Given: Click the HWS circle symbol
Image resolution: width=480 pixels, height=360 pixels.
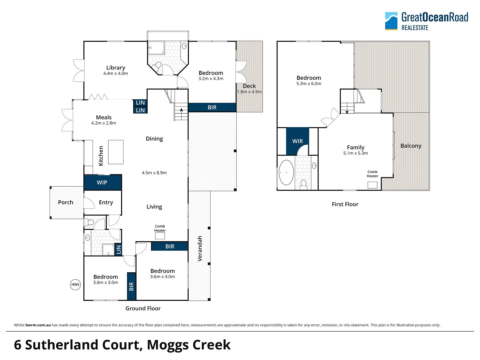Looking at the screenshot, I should click(x=75, y=284).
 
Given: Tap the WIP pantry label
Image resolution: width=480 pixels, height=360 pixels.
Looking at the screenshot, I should click(x=102, y=182).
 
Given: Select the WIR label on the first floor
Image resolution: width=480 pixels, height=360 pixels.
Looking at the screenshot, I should click(x=297, y=141).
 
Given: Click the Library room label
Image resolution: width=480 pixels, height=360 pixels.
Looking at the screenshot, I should click(x=116, y=68).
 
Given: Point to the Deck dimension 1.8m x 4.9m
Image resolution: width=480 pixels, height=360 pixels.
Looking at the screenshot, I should click(x=249, y=92).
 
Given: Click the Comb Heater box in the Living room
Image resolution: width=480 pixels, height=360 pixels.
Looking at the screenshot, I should click(x=160, y=236).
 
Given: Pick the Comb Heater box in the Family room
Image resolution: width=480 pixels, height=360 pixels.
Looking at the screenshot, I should click(x=372, y=185).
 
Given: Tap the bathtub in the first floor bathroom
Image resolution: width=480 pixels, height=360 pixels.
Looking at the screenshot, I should click(x=286, y=172).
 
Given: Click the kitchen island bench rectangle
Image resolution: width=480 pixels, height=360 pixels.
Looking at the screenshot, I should click(x=116, y=152).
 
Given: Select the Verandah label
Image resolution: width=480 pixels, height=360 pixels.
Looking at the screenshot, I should click(x=200, y=249).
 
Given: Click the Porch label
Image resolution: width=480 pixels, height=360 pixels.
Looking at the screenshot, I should click(x=66, y=202).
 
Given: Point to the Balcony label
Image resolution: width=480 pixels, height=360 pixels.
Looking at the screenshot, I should click(x=411, y=146).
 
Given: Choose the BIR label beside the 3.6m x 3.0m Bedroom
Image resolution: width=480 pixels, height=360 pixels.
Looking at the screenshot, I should click(x=131, y=286).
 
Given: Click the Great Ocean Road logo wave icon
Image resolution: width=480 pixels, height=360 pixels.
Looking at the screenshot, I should click(x=391, y=21).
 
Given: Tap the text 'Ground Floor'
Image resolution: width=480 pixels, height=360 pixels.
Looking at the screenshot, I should click(x=143, y=308).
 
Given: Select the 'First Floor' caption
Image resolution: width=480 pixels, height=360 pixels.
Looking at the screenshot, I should click(x=345, y=204).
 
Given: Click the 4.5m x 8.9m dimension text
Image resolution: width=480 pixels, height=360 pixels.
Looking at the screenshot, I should click(x=154, y=173).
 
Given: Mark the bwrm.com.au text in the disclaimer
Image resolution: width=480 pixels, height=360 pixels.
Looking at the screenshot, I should click(x=38, y=325).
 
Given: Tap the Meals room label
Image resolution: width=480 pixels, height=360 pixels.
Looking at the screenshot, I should click(x=104, y=117).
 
